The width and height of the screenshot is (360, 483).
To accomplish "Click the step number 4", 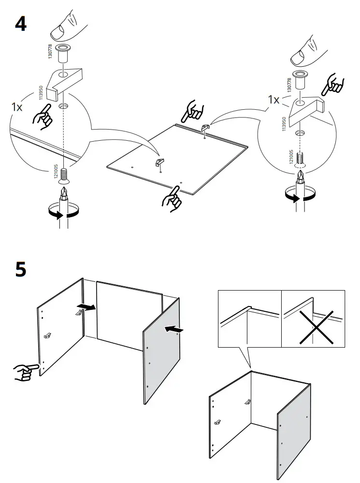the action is click(x=21, y=24).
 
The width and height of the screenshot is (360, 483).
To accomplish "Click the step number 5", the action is click(x=21, y=269).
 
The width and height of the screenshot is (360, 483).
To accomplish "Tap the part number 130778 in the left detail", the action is click(x=50, y=51).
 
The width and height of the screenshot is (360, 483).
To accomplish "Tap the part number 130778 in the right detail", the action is click(x=289, y=85).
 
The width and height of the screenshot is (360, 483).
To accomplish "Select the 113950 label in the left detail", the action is click(x=41, y=93).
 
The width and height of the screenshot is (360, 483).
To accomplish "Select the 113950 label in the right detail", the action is click(x=284, y=123).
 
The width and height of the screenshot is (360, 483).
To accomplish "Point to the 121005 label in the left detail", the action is click(x=56, y=171).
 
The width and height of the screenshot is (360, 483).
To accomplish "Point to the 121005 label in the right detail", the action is click(x=291, y=157).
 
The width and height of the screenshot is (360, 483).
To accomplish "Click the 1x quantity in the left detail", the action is click(x=17, y=107).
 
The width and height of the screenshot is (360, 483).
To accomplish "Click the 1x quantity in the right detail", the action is click(x=274, y=100).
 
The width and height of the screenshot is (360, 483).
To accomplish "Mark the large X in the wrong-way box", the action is click(x=317, y=327).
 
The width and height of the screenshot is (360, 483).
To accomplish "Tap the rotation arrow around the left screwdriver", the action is click(x=64, y=211).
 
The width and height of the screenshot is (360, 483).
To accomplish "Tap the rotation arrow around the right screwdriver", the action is click(x=300, y=194).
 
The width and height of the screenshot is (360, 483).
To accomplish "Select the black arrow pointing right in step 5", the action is click(x=86, y=307).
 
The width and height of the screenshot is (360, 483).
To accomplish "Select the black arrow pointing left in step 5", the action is click(x=174, y=329).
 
